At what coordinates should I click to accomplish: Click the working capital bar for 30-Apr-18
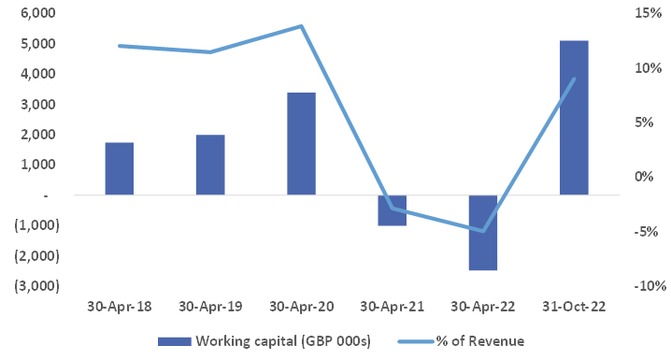click(x=120, y=168)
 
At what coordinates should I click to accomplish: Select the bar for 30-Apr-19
click(x=210, y=165)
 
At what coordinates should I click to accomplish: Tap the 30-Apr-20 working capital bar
click(x=301, y=144)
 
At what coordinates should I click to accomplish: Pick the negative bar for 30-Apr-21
click(x=392, y=210)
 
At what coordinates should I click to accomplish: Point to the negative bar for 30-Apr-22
click(x=483, y=233)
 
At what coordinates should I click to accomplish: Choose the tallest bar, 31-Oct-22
click(x=574, y=118)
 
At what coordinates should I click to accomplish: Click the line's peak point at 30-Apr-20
click(x=301, y=26)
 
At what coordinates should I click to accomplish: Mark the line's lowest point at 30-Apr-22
click(x=483, y=231)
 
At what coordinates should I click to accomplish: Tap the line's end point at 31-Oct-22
click(x=574, y=79)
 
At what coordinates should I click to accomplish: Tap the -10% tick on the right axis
click(x=644, y=286)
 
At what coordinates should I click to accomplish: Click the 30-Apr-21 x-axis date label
click(x=392, y=307)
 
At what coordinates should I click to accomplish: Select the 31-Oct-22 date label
click(x=574, y=307)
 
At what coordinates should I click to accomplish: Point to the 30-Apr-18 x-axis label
click(x=120, y=307)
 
